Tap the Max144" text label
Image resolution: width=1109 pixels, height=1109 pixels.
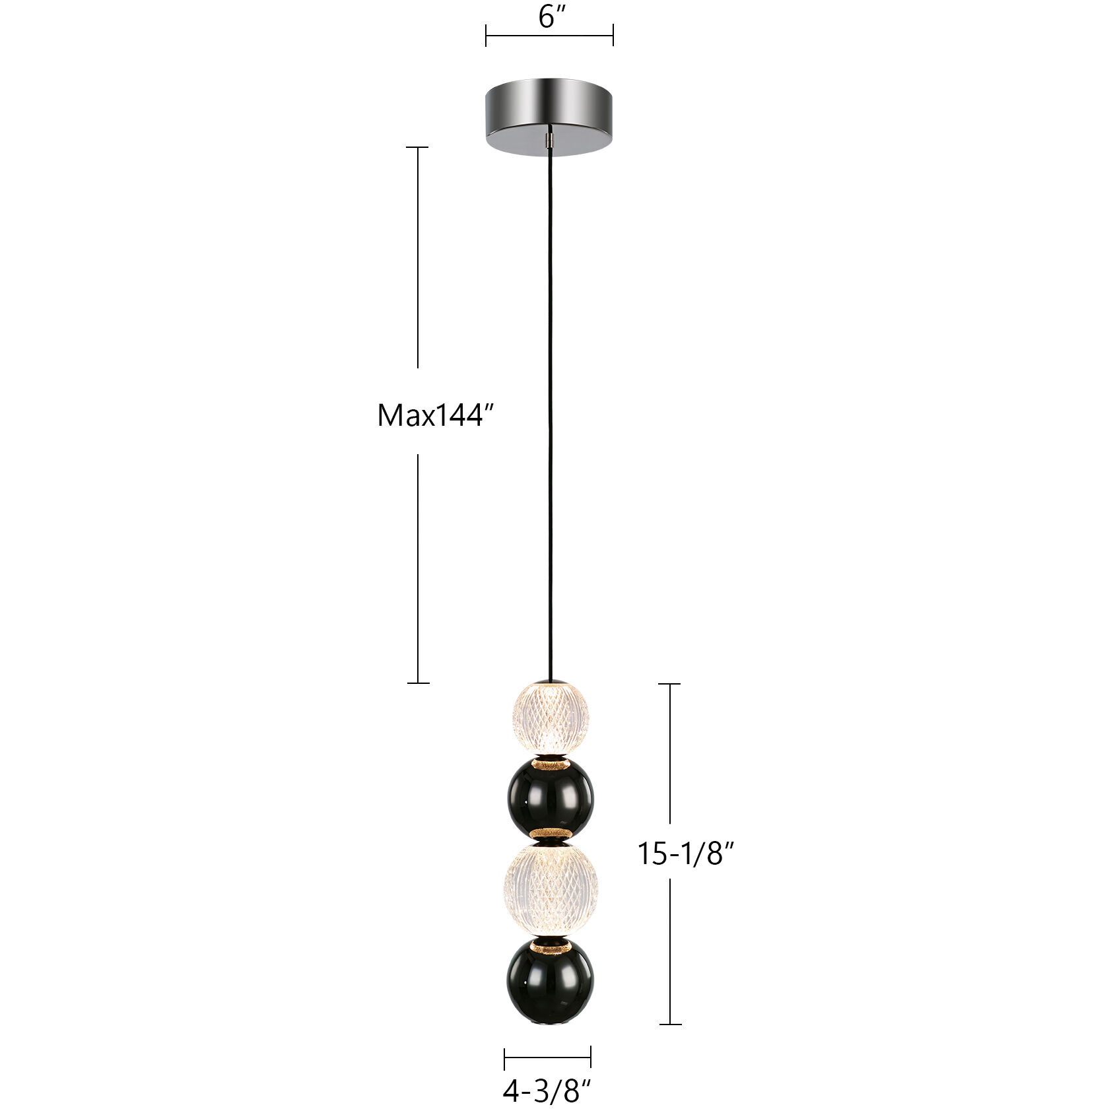[436, 415]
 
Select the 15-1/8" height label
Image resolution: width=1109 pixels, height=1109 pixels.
[685, 854]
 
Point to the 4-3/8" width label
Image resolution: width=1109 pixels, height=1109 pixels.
[547, 1091]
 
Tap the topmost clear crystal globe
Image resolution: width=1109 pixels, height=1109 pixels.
[549, 717]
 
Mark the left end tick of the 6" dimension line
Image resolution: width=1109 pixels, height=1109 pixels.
[486, 35]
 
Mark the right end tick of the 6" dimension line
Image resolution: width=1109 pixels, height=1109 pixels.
[613, 35]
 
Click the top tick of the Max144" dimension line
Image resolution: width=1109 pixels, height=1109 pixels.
[417, 147]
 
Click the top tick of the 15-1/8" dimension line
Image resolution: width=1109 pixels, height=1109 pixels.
[670, 684]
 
